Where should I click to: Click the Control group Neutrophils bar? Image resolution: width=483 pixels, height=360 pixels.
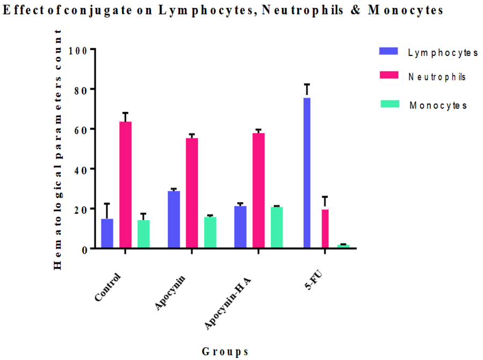[x=126, y=185]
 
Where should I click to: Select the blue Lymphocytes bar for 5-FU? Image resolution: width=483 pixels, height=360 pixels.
[x=307, y=173]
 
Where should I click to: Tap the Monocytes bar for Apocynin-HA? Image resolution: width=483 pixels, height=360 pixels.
[x=277, y=227]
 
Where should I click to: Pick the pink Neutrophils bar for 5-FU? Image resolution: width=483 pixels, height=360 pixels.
[x=325, y=229]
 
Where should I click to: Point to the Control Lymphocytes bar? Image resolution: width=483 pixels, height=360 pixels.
[x=107, y=233]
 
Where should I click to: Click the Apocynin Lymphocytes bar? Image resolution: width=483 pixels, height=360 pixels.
[x=174, y=220]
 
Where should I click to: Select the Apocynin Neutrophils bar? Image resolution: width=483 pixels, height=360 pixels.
[x=192, y=193]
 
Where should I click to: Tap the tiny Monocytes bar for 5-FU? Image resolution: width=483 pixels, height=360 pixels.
[x=343, y=246]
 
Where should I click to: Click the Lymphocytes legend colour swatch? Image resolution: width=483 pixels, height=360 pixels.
[x=388, y=51]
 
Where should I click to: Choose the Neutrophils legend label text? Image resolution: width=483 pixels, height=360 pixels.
[x=437, y=77]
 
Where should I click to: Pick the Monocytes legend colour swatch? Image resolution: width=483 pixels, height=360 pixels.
[x=388, y=104]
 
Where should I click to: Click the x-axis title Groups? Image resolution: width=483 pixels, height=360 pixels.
[x=225, y=351]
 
